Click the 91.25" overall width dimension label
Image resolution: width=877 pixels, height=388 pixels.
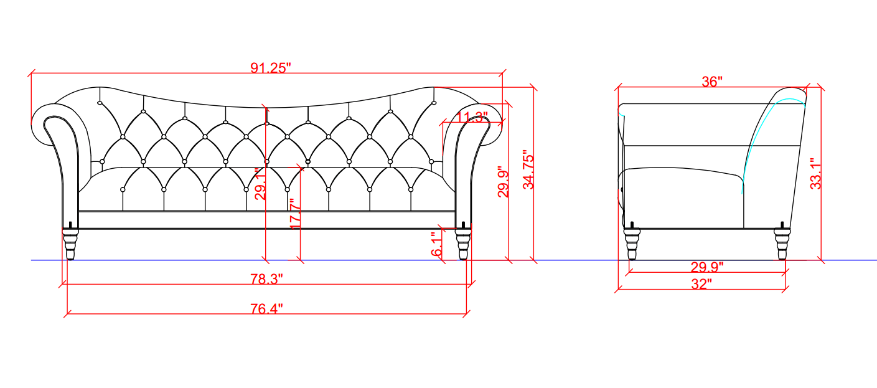[x=271, y=68]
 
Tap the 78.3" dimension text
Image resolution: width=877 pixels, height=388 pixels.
[x=266, y=278]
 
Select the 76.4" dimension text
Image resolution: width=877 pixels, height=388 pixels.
[x=266, y=309]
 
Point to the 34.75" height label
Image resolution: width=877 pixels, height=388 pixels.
[x=528, y=169]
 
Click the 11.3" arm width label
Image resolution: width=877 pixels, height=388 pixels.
[x=472, y=117]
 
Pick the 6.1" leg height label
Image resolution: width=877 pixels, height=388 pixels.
[x=436, y=244]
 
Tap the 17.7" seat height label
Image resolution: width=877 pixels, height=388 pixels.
[x=295, y=214]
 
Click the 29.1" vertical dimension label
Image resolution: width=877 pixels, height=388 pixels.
[x=260, y=184]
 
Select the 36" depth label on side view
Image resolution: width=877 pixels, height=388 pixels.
[x=712, y=82]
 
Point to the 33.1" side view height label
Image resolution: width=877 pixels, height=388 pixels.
[x=815, y=174]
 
